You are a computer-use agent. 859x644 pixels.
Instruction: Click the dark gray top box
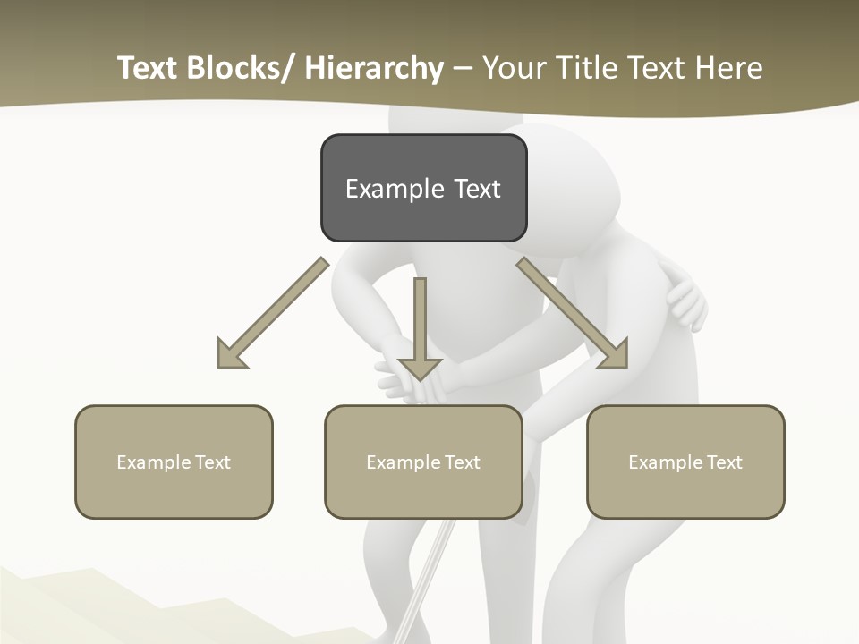[x=423, y=188]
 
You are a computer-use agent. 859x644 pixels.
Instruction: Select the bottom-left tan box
[x=174, y=462]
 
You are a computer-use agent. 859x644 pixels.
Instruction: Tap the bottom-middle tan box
[x=423, y=462]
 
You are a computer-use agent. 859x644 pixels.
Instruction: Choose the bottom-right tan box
[x=685, y=462]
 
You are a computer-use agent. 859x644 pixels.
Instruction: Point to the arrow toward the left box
[x=273, y=313]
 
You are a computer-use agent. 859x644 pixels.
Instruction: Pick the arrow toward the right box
[x=573, y=313]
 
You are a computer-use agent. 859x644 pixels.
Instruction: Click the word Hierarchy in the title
[x=374, y=69]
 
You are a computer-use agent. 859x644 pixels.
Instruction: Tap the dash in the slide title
[x=463, y=69]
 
